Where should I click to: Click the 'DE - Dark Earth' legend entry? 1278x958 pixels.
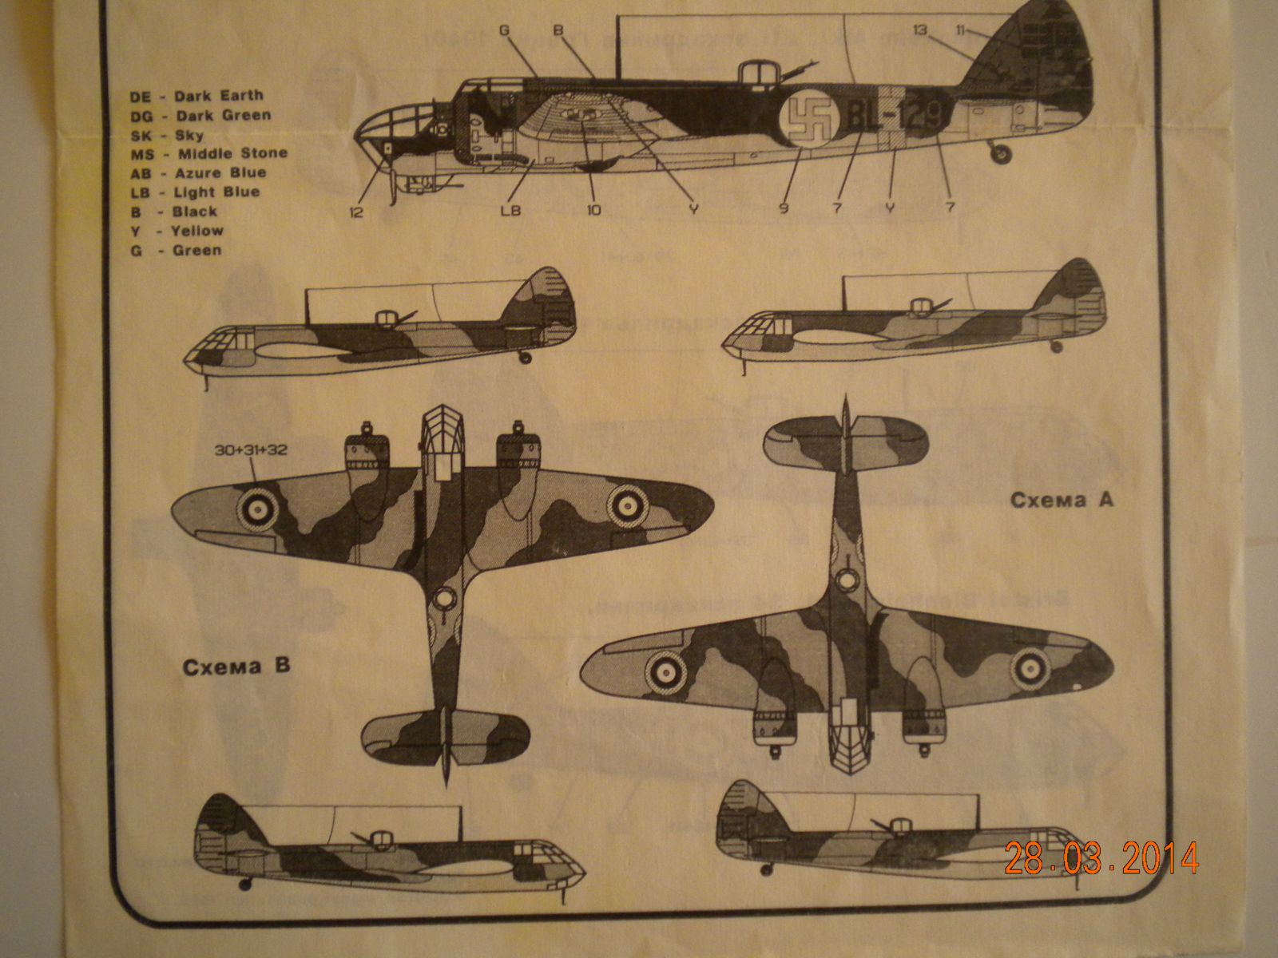196,97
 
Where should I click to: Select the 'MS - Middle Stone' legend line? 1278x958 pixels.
208,153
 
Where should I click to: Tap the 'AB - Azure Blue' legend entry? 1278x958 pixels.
198,172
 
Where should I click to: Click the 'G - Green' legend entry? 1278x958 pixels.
176,250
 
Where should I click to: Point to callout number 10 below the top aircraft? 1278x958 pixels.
594,212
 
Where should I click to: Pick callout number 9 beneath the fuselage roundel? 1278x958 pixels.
782,210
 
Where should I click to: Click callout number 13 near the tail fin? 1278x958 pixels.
919,30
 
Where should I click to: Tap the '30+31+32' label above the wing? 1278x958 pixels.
250,450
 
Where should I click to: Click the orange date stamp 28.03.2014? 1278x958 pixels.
1101,858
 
